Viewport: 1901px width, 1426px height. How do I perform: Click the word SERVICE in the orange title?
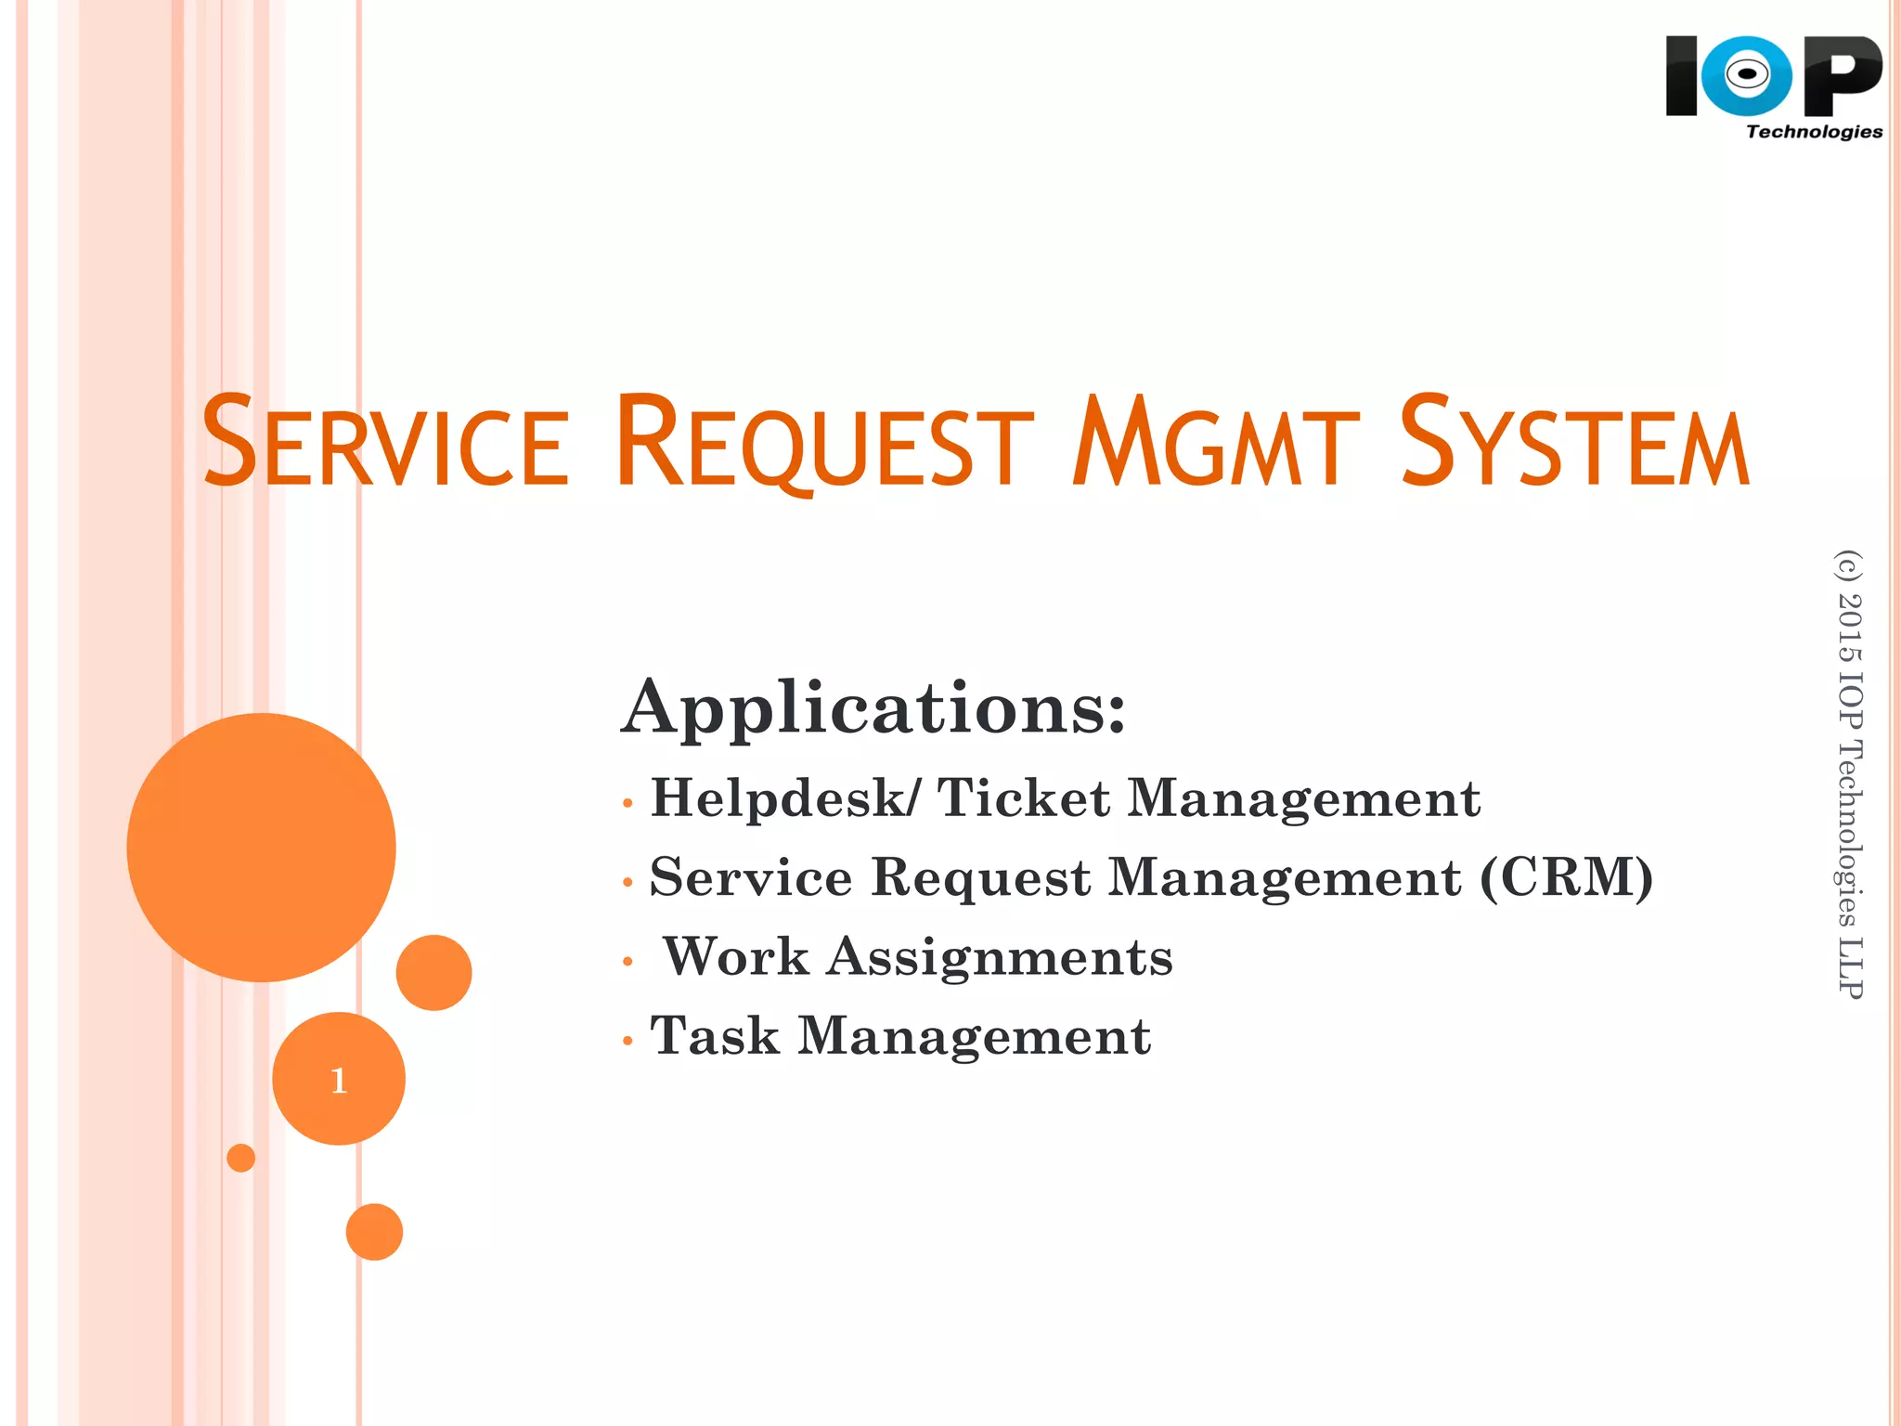click(x=385, y=443)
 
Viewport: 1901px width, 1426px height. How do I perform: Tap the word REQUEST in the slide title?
click(x=824, y=443)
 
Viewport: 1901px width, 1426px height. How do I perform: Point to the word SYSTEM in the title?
click(x=1574, y=443)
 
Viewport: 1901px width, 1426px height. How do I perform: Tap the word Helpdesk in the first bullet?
click(x=777, y=798)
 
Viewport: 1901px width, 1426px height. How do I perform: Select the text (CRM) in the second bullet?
click(x=1566, y=877)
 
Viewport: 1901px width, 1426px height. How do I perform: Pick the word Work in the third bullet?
click(x=736, y=957)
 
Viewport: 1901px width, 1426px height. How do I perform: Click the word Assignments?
click(x=1000, y=957)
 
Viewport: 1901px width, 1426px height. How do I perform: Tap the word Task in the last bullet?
click(x=715, y=1036)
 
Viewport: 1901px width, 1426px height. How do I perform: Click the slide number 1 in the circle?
click(x=339, y=1080)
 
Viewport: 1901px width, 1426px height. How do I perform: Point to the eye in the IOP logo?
click(x=1747, y=74)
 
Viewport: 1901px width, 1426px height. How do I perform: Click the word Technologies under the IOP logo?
click(x=1814, y=132)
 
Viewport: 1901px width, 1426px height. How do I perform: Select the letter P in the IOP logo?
click(x=1843, y=75)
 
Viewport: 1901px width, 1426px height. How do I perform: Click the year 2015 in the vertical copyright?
click(x=1849, y=628)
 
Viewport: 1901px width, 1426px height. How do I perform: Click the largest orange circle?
click(x=261, y=847)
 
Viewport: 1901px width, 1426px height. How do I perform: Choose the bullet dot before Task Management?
click(x=628, y=1041)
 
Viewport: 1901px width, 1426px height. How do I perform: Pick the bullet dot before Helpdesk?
click(x=628, y=803)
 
